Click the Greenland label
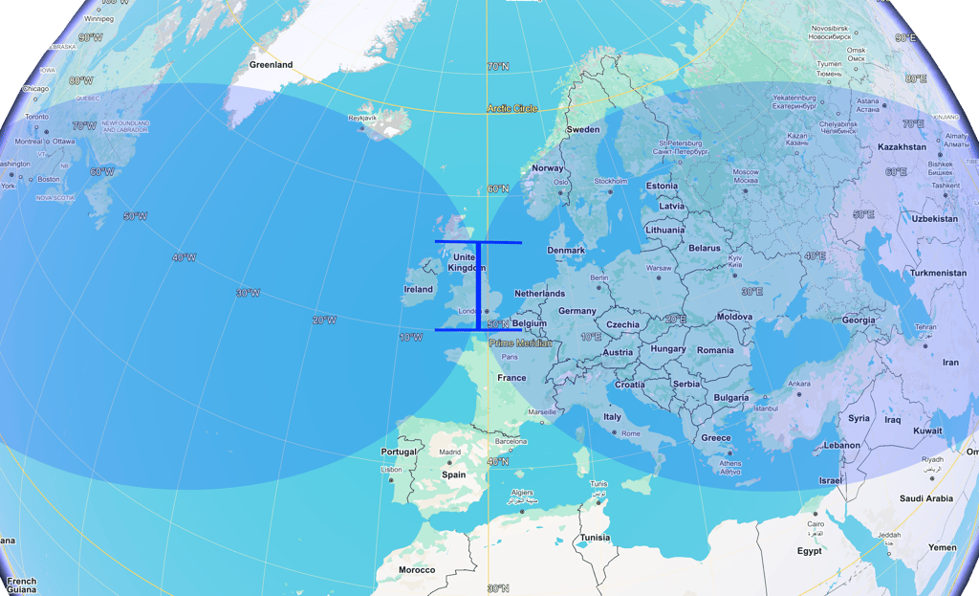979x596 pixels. pyautogui.click(x=271, y=65)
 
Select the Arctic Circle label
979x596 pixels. pyautogui.click(x=512, y=108)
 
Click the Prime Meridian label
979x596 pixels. pyautogui.click(x=520, y=342)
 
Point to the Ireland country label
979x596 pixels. pyautogui.click(x=418, y=289)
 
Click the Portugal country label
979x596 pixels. pyautogui.click(x=399, y=452)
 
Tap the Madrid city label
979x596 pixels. pyautogui.click(x=449, y=453)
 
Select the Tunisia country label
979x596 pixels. pyautogui.click(x=595, y=537)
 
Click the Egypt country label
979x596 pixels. pyautogui.click(x=810, y=551)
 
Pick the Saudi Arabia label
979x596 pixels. pyautogui.click(x=926, y=498)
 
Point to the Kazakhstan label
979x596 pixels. pyautogui.click(x=903, y=147)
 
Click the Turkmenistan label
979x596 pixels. pyautogui.click(x=938, y=273)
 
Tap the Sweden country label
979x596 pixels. pyautogui.click(x=583, y=129)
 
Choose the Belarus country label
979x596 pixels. pyautogui.click(x=705, y=248)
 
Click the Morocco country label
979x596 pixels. pyautogui.click(x=417, y=570)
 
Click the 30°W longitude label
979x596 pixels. pyautogui.click(x=247, y=293)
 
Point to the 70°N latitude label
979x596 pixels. pyautogui.click(x=498, y=67)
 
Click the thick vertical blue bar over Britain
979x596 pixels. pyautogui.click(x=478, y=286)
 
